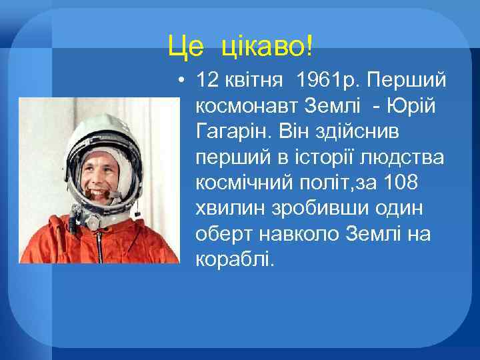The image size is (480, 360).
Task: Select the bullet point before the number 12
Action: click(x=181, y=81)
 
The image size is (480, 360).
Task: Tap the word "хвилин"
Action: click(x=227, y=208)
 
